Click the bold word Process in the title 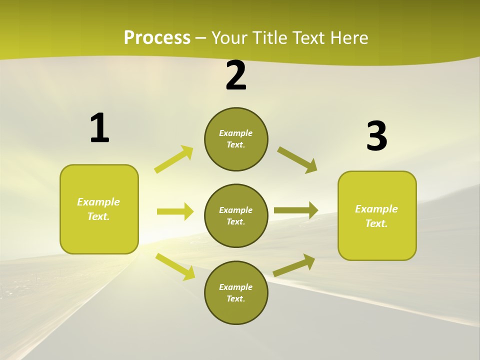click(x=157, y=37)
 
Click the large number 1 click(x=99, y=128)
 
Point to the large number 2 click(x=236, y=76)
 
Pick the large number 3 click(x=376, y=136)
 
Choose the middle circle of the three click(x=236, y=216)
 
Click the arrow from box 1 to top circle click(x=173, y=159)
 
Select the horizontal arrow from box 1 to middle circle click(x=175, y=211)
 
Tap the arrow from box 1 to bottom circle click(x=175, y=266)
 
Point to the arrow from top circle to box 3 click(x=297, y=160)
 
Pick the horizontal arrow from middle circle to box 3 click(x=296, y=210)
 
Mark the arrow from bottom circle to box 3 click(x=294, y=265)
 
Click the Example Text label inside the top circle click(x=236, y=139)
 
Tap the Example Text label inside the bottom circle click(x=236, y=293)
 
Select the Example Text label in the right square click(x=376, y=216)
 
